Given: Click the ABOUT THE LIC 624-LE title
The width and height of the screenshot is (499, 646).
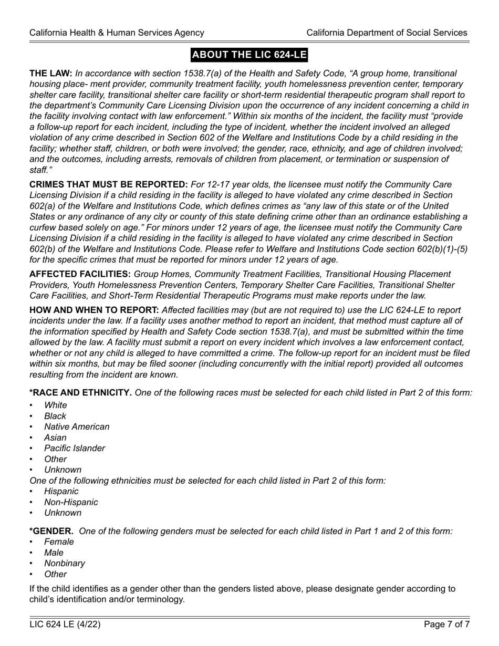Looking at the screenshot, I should click(x=249, y=55).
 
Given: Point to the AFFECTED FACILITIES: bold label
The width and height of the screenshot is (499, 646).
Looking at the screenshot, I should click(x=80, y=274).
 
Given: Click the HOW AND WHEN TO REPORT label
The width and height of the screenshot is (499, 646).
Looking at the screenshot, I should click(x=94, y=310).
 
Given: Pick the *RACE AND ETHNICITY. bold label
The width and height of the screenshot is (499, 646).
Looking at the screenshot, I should click(x=81, y=392).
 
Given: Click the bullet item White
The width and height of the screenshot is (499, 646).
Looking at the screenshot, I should click(x=56, y=405).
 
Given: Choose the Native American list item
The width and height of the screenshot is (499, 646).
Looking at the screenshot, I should click(x=77, y=426).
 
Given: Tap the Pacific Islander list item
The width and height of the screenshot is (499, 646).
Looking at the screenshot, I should click(x=75, y=448).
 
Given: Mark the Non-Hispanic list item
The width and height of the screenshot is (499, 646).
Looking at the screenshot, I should click(x=71, y=502).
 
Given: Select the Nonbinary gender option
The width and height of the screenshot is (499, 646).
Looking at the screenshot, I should click(x=65, y=563).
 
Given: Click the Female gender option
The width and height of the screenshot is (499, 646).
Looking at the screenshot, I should click(x=59, y=541).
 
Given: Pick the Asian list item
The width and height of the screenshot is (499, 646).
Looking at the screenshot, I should click(x=55, y=437).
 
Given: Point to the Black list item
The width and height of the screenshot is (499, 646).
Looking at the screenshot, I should click(x=55, y=416).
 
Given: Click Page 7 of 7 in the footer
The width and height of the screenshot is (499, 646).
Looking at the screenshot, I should click(x=446, y=624).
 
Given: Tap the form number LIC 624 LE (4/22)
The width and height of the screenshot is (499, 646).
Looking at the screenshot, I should click(x=65, y=624).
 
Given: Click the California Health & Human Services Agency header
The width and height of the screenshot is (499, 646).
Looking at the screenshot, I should click(x=117, y=33).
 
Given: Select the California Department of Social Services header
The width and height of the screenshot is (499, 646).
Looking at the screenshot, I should click(x=387, y=33).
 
